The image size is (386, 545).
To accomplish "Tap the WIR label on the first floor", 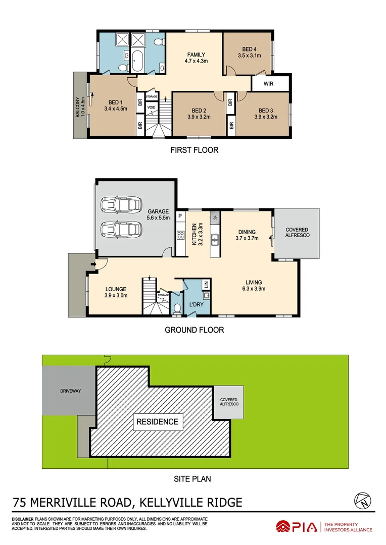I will [268, 84].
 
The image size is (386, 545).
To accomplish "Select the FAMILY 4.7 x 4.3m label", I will [196, 58].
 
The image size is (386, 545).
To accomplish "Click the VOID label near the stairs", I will [151, 107].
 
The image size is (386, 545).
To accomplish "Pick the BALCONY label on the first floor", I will [78, 107].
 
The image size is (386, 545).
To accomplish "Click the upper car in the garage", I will [121, 204].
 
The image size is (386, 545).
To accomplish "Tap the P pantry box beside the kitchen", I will [179, 216].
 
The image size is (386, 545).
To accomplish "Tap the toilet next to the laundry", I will [177, 307].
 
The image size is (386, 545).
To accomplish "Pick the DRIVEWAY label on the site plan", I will [70, 391].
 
